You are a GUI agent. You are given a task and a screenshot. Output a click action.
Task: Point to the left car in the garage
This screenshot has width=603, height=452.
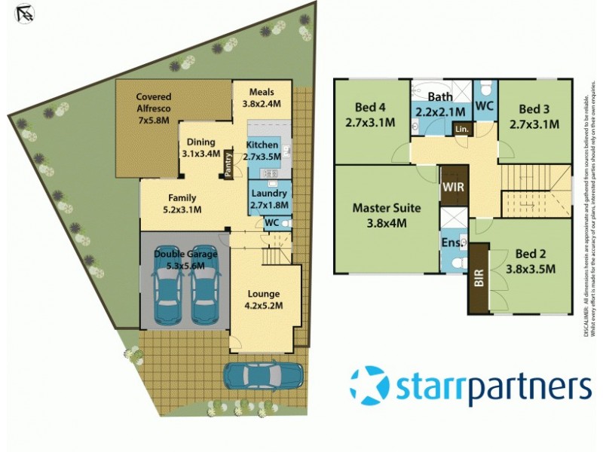(x=167, y=286)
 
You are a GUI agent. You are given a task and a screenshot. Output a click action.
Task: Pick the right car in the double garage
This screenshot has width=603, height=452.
(x=204, y=286)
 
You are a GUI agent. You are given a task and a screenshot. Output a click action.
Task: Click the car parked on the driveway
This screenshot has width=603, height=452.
(x=263, y=375)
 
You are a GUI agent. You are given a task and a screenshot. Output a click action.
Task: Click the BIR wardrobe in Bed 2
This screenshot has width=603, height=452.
(x=479, y=279)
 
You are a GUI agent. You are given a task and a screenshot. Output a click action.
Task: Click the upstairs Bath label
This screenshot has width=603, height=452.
(x=439, y=104)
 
